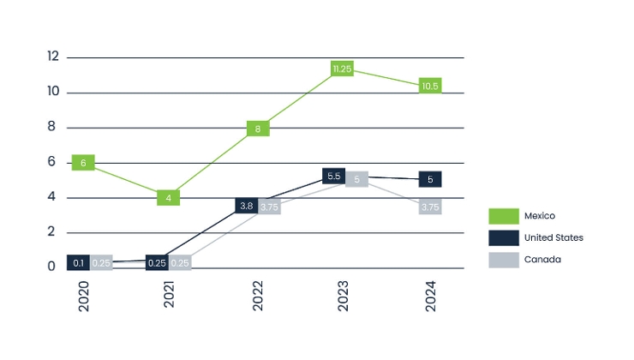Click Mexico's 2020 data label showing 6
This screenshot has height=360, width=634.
[83, 163]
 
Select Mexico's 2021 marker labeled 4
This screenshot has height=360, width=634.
[169, 198]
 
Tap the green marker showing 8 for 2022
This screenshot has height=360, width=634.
[258, 129]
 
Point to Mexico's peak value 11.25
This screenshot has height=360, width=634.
[342, 69]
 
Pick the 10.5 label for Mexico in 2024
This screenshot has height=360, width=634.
[430, 86]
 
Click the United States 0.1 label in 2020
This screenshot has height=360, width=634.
[79, 262]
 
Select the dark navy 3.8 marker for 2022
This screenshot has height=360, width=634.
[246, 206]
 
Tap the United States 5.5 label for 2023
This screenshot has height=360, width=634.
[335, 177]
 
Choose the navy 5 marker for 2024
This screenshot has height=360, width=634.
[430, 180]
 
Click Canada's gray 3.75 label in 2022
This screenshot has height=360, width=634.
[269, 207]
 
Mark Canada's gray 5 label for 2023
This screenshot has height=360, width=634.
[356, 179]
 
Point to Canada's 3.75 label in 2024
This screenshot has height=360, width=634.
[430, 207]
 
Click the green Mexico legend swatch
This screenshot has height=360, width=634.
[505, 216]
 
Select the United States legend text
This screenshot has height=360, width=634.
[553, 237]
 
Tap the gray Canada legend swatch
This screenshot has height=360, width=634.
[505, 259]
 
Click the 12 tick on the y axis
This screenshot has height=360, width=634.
[53, 57]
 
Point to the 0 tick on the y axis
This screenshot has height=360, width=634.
[52, 267]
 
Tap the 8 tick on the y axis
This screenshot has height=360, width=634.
[52, 127]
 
